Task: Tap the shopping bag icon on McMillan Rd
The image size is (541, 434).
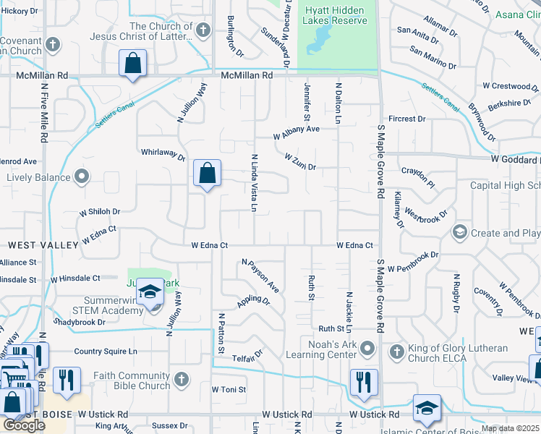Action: [133, 63]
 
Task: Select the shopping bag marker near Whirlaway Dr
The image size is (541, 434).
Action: [207, 174]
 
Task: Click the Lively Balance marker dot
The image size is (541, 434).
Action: [82, 176]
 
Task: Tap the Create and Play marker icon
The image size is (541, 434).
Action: [459, 232]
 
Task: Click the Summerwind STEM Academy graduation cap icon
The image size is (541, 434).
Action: [150, 292]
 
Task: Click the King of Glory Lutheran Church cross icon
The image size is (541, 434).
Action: [396, 352]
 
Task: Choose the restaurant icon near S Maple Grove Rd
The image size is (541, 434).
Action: [363, 381]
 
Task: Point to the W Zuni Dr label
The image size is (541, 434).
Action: [301, 161]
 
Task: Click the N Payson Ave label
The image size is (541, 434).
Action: [260, 276]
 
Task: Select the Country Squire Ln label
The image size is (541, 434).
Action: [105, 352]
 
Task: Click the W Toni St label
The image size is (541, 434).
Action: [229, 389]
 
